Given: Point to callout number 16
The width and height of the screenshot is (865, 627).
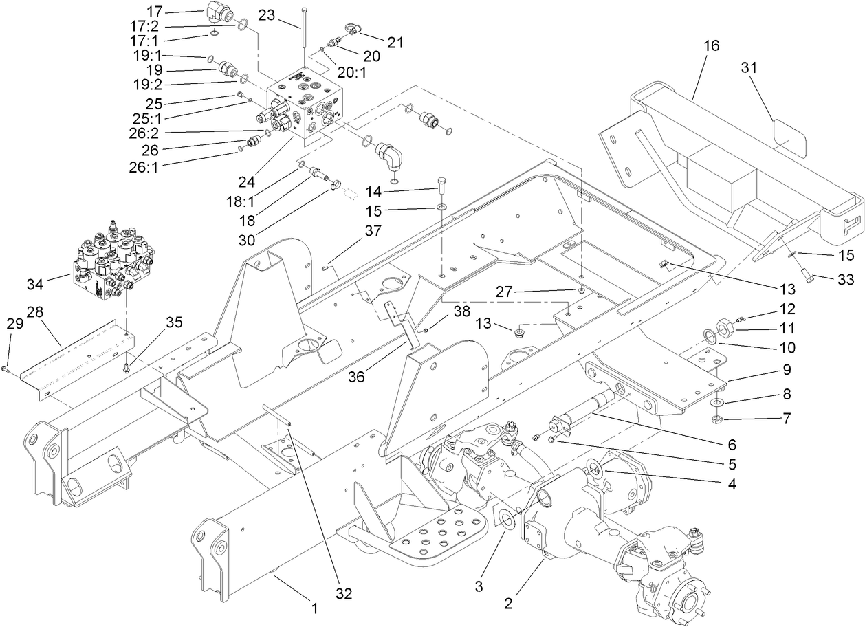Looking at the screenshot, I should click(711, 45).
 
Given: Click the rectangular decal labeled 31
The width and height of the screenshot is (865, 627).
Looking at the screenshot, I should click(788, 135).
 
